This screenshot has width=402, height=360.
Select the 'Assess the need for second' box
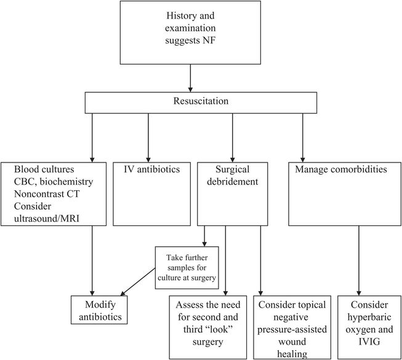click(209, 326)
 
